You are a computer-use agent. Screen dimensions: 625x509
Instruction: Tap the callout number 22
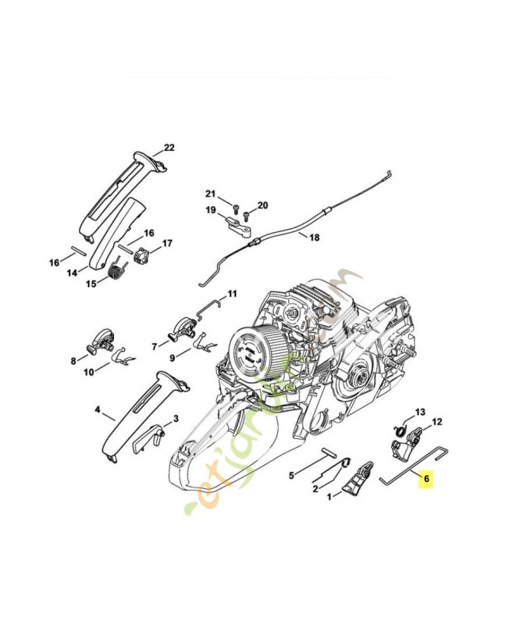[x=169, y=148]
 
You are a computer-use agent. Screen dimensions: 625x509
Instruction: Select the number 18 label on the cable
[x=314, y=237]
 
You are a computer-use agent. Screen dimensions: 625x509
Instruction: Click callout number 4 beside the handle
[x=98, y=408]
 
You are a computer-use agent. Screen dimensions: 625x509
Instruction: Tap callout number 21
[x=209, y=194]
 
